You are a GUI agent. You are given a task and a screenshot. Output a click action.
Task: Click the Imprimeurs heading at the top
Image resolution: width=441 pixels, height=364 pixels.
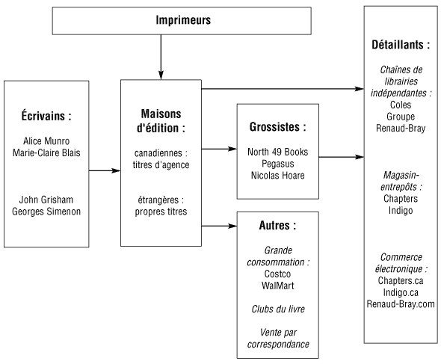point(183,20)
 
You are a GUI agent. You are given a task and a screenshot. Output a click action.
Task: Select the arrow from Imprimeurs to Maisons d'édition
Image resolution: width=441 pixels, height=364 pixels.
point(161,57)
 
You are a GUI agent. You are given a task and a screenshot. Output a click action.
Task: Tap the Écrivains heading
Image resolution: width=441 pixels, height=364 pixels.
point(46,116)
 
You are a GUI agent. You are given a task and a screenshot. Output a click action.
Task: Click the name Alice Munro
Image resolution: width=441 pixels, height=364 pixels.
point(46,141)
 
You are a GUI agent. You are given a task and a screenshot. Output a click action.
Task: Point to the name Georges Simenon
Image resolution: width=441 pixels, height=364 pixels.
point(46,212)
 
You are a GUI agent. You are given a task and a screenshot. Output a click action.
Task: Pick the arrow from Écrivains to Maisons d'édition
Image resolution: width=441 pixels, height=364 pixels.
point(105,170)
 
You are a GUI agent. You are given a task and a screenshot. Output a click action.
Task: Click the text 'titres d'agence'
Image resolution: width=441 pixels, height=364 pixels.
point(161,165)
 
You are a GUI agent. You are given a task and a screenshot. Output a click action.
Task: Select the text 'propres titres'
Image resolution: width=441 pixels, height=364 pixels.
point(161,212)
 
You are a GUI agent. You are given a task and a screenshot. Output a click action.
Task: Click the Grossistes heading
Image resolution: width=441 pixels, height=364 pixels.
point(277,127)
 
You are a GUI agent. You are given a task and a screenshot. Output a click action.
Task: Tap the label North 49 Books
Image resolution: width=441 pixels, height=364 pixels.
point(277,152)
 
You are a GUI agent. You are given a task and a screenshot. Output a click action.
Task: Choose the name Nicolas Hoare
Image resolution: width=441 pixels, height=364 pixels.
point(277,176)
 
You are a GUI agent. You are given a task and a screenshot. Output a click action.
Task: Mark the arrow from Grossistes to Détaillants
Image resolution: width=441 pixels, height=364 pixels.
point(342,157)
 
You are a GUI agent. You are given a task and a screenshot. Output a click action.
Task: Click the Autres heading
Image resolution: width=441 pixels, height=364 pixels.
point(277,226)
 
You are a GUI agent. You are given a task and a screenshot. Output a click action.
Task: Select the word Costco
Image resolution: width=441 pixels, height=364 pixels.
point(277,274)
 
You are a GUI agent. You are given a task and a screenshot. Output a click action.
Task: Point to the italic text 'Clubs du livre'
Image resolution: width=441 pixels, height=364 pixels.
point(278,309)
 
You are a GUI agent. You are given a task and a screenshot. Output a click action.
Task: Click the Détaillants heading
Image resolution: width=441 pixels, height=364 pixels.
point(401,45)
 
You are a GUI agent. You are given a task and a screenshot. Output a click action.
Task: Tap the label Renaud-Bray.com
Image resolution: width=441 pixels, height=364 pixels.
point(401,304)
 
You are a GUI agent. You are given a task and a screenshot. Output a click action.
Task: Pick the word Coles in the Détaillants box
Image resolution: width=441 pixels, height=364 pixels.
point(401,105)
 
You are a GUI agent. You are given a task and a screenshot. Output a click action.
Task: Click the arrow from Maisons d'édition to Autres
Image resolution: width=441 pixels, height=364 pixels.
point(219,226)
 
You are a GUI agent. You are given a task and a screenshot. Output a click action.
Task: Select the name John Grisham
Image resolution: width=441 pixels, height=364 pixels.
point(46,200)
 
